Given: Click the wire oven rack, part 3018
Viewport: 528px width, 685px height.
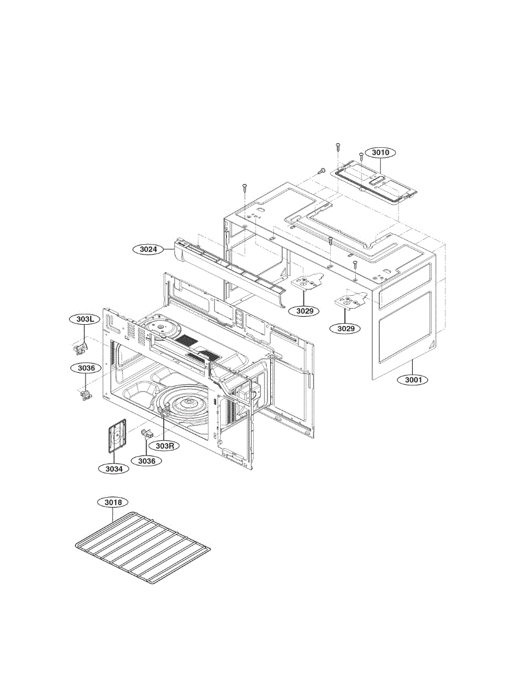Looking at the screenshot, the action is (x=143, y=548).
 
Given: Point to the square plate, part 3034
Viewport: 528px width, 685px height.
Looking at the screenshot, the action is (x=117, y=437).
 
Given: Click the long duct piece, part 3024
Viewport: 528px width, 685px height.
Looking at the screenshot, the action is (x=228, y=268).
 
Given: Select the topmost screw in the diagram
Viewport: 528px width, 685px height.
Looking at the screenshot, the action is (x=337, y=146).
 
